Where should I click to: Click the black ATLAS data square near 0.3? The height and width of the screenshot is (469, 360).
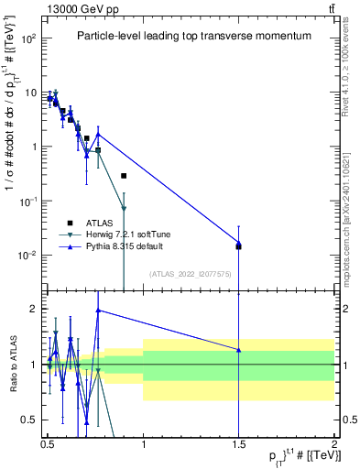click(124, 176)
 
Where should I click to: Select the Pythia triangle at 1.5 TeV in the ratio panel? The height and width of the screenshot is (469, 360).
click(238, 350)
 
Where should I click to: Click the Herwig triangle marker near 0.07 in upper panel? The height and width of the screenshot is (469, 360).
click(124, 208)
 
